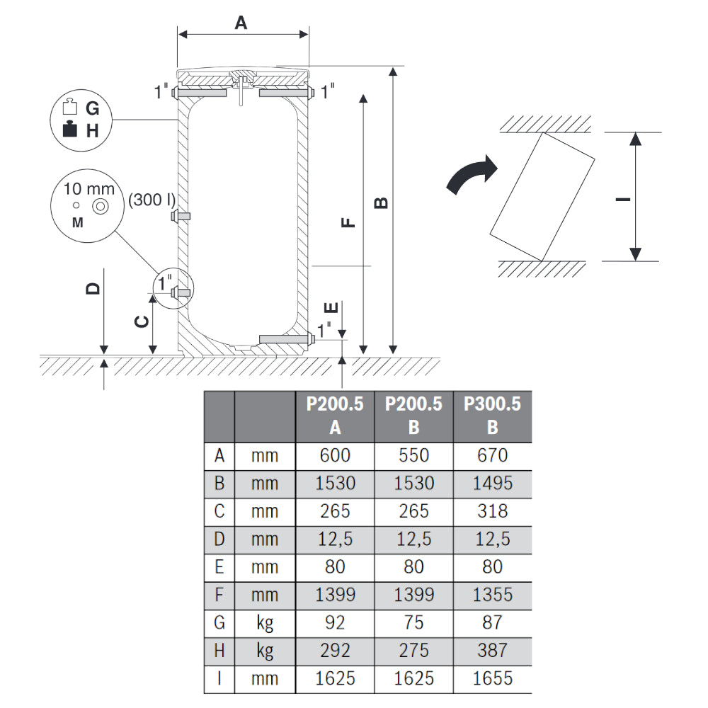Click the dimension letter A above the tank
pyautogui.click(x=241, y=23)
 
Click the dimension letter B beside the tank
pyautogui.click(x=380, y=202)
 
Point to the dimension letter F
pyautogui.click(x=348, y=223)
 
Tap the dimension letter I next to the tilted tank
pyautogui.click(x=623, y=199)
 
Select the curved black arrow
pyautogui.click(x=472, y=175)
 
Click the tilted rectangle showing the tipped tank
pyautogui.click(x=543, y=196)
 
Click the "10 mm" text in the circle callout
pyautogui.click(x=89, y=189)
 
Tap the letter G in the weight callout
pyautogui.click(x=92, y=108)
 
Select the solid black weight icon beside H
pyautogui.click(x=69, y=130)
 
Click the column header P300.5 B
pyautogui.click(x=492, y=416)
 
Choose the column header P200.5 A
pyautogui.click(x=335, y=416)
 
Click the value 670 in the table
pyautogui.click(x=492, y=456)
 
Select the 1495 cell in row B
pyautogui.click(x=492, y=484)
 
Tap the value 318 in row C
pyautogui.click(x=492, y=511)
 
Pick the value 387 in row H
pyautogui.click(x=492, y=650)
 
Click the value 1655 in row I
pyautogui.click(x=492, y=678)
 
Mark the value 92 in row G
pyautogui.click(x=335, y=622)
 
